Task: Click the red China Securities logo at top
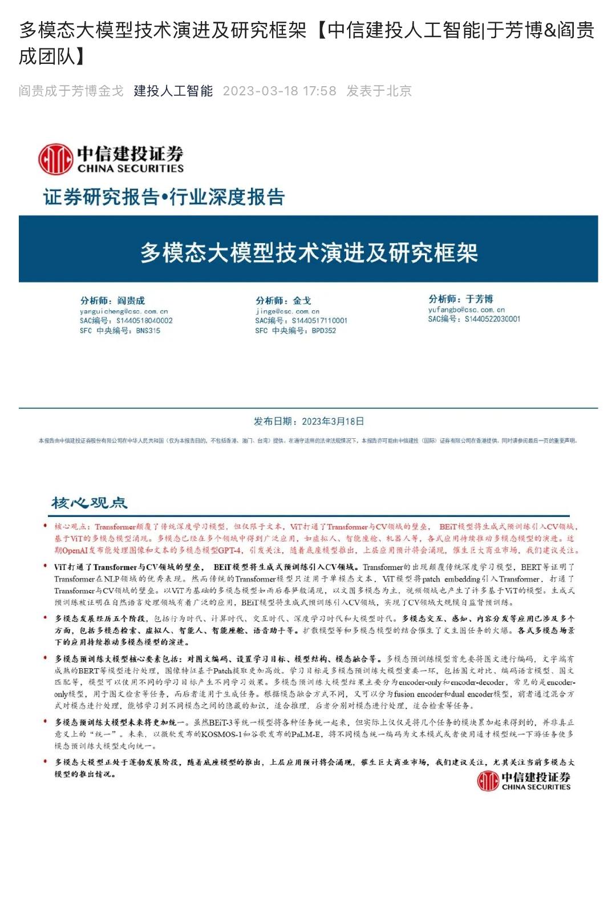[x=111, y=159]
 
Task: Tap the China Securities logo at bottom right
[x=524, y=781]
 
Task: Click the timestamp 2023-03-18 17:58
[x=279, y=91]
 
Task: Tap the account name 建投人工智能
[x=173, y=91]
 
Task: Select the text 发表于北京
[x=379, y=91]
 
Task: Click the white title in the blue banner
[x=309, y=253]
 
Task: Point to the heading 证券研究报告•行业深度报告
[x=164, y=197]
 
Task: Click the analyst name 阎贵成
[x=131, y=301]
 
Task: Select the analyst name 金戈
[x=302, y=301]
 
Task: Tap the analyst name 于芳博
[x=479, y=299]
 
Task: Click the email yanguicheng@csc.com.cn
[x=124, y=312]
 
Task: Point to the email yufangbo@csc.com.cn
[x=467, y=310]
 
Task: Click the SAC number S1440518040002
[x=144, y=321]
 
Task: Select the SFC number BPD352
[x=323, y=330]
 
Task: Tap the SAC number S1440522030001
[x=492, y=319]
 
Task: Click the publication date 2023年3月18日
[x=333, y=422]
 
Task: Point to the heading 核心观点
[x=89, y=503]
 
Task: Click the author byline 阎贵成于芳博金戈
[x=71, y=91]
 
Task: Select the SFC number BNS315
[x=148, y=330]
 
